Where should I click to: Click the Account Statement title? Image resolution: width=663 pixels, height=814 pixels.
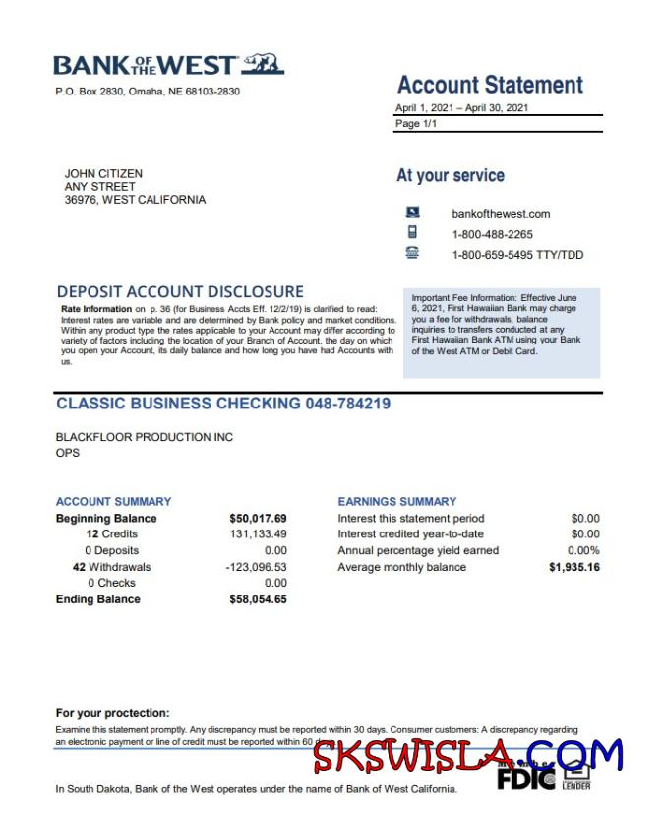(x=490, y=85)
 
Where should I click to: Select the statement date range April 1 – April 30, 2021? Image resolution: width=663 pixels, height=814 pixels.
(x=462, y=107)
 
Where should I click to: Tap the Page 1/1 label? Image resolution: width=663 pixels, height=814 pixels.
(x=416, y=124)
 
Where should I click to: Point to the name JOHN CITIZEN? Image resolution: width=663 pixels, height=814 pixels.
(x=103, y=173)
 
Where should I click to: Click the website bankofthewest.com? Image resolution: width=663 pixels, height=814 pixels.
(x=501, y=213)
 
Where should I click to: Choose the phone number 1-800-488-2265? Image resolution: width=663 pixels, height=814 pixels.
(x=492, y=234)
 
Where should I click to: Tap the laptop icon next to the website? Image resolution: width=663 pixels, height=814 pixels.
(x=413, y=212)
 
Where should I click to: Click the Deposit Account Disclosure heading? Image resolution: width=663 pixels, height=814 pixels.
(x=180, y=291)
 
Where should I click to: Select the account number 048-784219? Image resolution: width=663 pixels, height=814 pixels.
(x=348, y=404)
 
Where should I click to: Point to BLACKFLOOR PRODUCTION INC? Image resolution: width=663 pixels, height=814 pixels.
(x=145, y=437)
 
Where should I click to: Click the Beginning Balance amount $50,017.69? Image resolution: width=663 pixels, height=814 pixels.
(x=258, y=519)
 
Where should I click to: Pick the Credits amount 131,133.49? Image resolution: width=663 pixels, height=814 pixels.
(x=258, y=534)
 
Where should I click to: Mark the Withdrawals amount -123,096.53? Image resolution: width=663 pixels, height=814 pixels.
(x=256, y=567)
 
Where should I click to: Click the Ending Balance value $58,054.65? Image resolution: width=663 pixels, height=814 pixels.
(x=258, y=599)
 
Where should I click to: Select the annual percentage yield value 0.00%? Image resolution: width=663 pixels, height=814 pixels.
(x=583, y=551)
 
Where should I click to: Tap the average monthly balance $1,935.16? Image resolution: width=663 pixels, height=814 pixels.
(x=574, y=567)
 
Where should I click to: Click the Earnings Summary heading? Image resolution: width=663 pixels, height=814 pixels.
(x=397, y=501)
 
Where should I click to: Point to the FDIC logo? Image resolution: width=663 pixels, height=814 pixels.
(x=525, y=779)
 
